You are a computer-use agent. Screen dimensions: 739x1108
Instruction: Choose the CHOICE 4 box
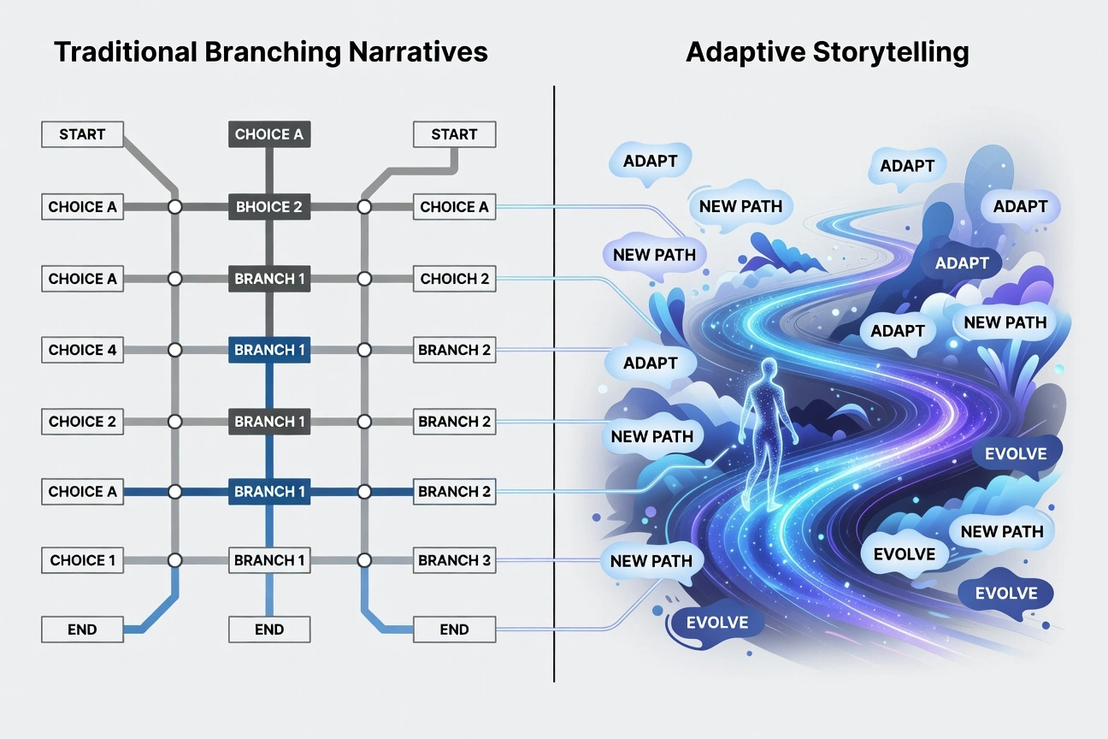tap(82, 350)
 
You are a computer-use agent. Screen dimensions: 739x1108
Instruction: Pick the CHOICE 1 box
tap(82, 560)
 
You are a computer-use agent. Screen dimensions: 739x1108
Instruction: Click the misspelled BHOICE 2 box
tap(268, 207)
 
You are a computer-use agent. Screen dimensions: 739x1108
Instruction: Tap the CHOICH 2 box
tap(454, 279)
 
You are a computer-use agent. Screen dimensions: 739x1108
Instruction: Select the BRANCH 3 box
tap(454, 560)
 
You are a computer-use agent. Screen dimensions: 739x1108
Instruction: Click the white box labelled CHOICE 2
tap(82, 421)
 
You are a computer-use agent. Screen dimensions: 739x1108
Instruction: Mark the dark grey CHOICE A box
tap(268, 134)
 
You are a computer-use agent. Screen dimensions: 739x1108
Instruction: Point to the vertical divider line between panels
tap(554, 385)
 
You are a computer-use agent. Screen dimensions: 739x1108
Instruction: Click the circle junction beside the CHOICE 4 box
tap(175, 350)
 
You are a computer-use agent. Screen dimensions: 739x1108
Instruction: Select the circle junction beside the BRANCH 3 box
tap(364, 560)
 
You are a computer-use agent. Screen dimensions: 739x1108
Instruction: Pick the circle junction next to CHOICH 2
tap(364, 279)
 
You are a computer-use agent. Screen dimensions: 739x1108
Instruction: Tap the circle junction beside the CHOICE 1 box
tap(175, 560)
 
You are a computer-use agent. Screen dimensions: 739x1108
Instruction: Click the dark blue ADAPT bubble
tap(962, 263)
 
